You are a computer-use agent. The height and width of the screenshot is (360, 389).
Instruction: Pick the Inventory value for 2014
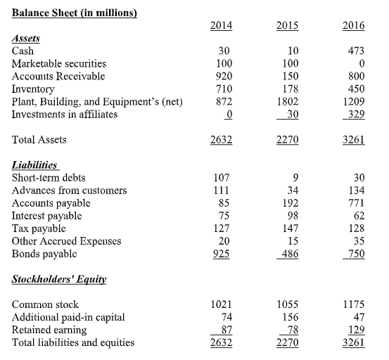tap(223, 89)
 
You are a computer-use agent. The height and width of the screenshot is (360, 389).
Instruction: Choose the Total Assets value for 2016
tap(353, 139)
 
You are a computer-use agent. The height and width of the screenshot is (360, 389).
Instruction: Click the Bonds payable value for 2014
tap(223, 253)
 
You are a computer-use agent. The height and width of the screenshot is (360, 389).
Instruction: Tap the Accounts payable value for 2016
tap(355, 202)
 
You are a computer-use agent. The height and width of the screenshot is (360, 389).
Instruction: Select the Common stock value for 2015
tap(288, 305)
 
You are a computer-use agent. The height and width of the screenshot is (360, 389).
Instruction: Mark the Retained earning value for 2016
tap(355, 330)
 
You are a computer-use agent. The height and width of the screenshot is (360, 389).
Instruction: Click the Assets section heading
tap(27, 39)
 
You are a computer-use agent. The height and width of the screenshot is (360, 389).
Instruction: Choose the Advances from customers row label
tap(70, 190)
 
